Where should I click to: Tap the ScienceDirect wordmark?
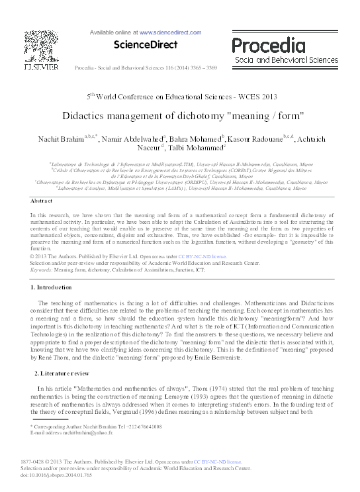click(x=142, y=45)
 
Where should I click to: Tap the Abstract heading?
click(x=42, y=200)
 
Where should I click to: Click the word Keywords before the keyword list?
click(x=42, y=270)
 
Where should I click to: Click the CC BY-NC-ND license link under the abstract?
click(x=189, y=255)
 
